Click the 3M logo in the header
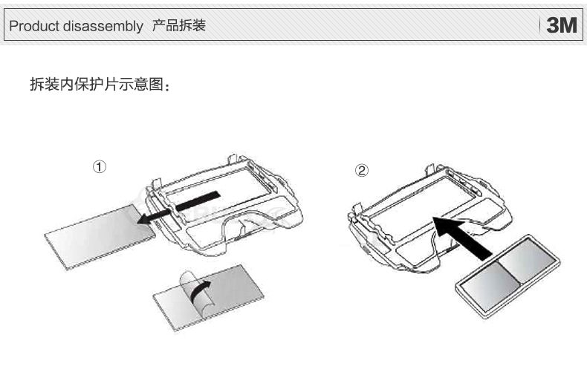561,26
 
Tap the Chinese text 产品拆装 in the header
178,27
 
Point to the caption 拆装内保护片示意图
100,84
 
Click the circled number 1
98,166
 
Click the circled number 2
361,171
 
